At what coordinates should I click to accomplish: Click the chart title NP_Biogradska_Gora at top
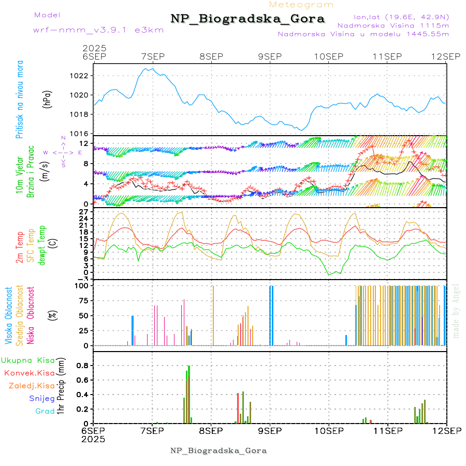[247, 19]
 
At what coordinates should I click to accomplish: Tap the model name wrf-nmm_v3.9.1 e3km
[98, 30]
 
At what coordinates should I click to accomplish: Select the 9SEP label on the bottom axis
[270, 430]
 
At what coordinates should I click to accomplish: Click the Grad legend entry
[45, 411]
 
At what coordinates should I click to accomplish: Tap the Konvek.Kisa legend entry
[29, 373]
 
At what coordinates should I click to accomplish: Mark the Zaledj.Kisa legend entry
[32, 386]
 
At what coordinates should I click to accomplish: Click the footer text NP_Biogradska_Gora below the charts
[219, 450]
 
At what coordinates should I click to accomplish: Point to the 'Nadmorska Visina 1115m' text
[393, 25]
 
